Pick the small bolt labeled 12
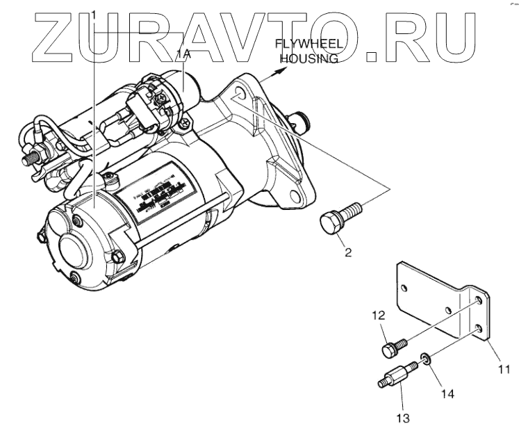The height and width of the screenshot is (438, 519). pos(391,345)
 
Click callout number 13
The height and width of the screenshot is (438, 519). pos(404,418)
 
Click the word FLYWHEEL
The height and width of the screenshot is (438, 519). pos(301,47)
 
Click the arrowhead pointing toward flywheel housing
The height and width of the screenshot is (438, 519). pos(281,69)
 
